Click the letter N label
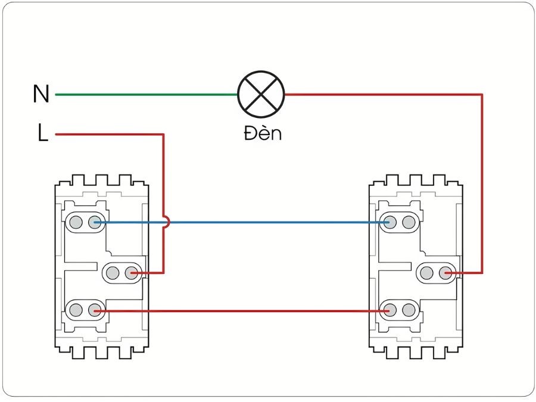[41, 95]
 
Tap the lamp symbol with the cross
[261, 94]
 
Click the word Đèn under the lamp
[262, 133]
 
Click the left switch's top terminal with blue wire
[94, 223]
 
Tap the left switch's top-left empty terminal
[76, 223]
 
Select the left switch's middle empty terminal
[113, 273]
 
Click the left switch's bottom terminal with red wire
[94, 310]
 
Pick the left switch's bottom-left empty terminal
[76, 310]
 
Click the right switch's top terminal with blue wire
[389, 223]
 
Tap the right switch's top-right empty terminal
[408, 223]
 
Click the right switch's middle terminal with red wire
[445, 273]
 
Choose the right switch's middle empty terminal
[426, 273]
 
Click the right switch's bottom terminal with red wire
[389, 310]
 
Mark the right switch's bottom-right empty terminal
[408, 310]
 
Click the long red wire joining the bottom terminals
[238, 310]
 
